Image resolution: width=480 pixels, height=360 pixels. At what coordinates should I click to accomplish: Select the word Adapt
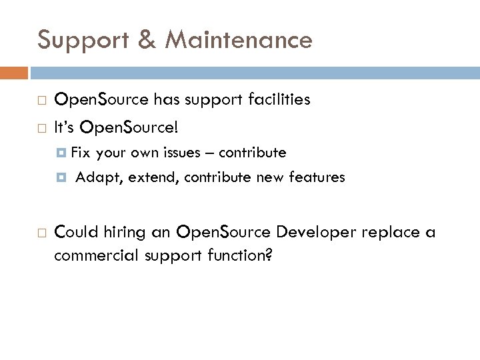pos(95,177)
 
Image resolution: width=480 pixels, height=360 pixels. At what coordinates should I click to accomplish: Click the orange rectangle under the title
pos(14,72)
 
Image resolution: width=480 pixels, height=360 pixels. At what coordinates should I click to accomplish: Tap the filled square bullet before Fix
pos(63,153)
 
